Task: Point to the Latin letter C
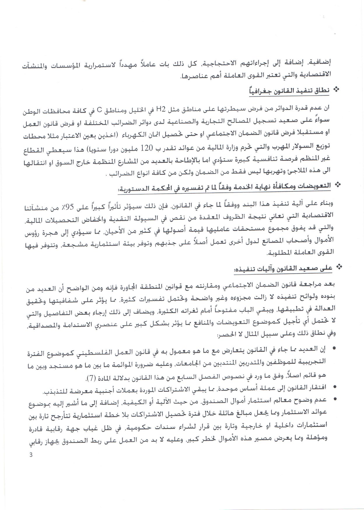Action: click(99, 110)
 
